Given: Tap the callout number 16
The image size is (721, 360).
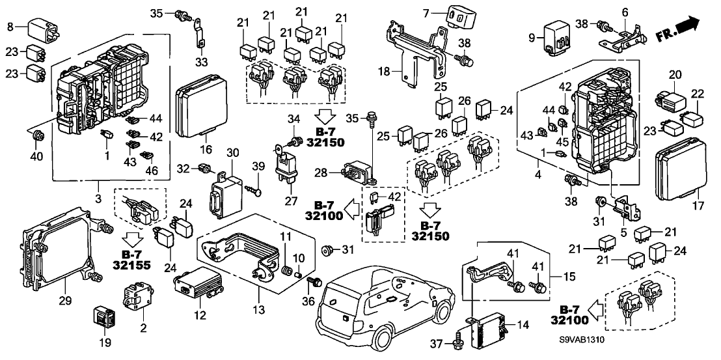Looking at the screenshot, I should (206, 150).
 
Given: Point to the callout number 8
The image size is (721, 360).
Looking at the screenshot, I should (10, 26).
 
